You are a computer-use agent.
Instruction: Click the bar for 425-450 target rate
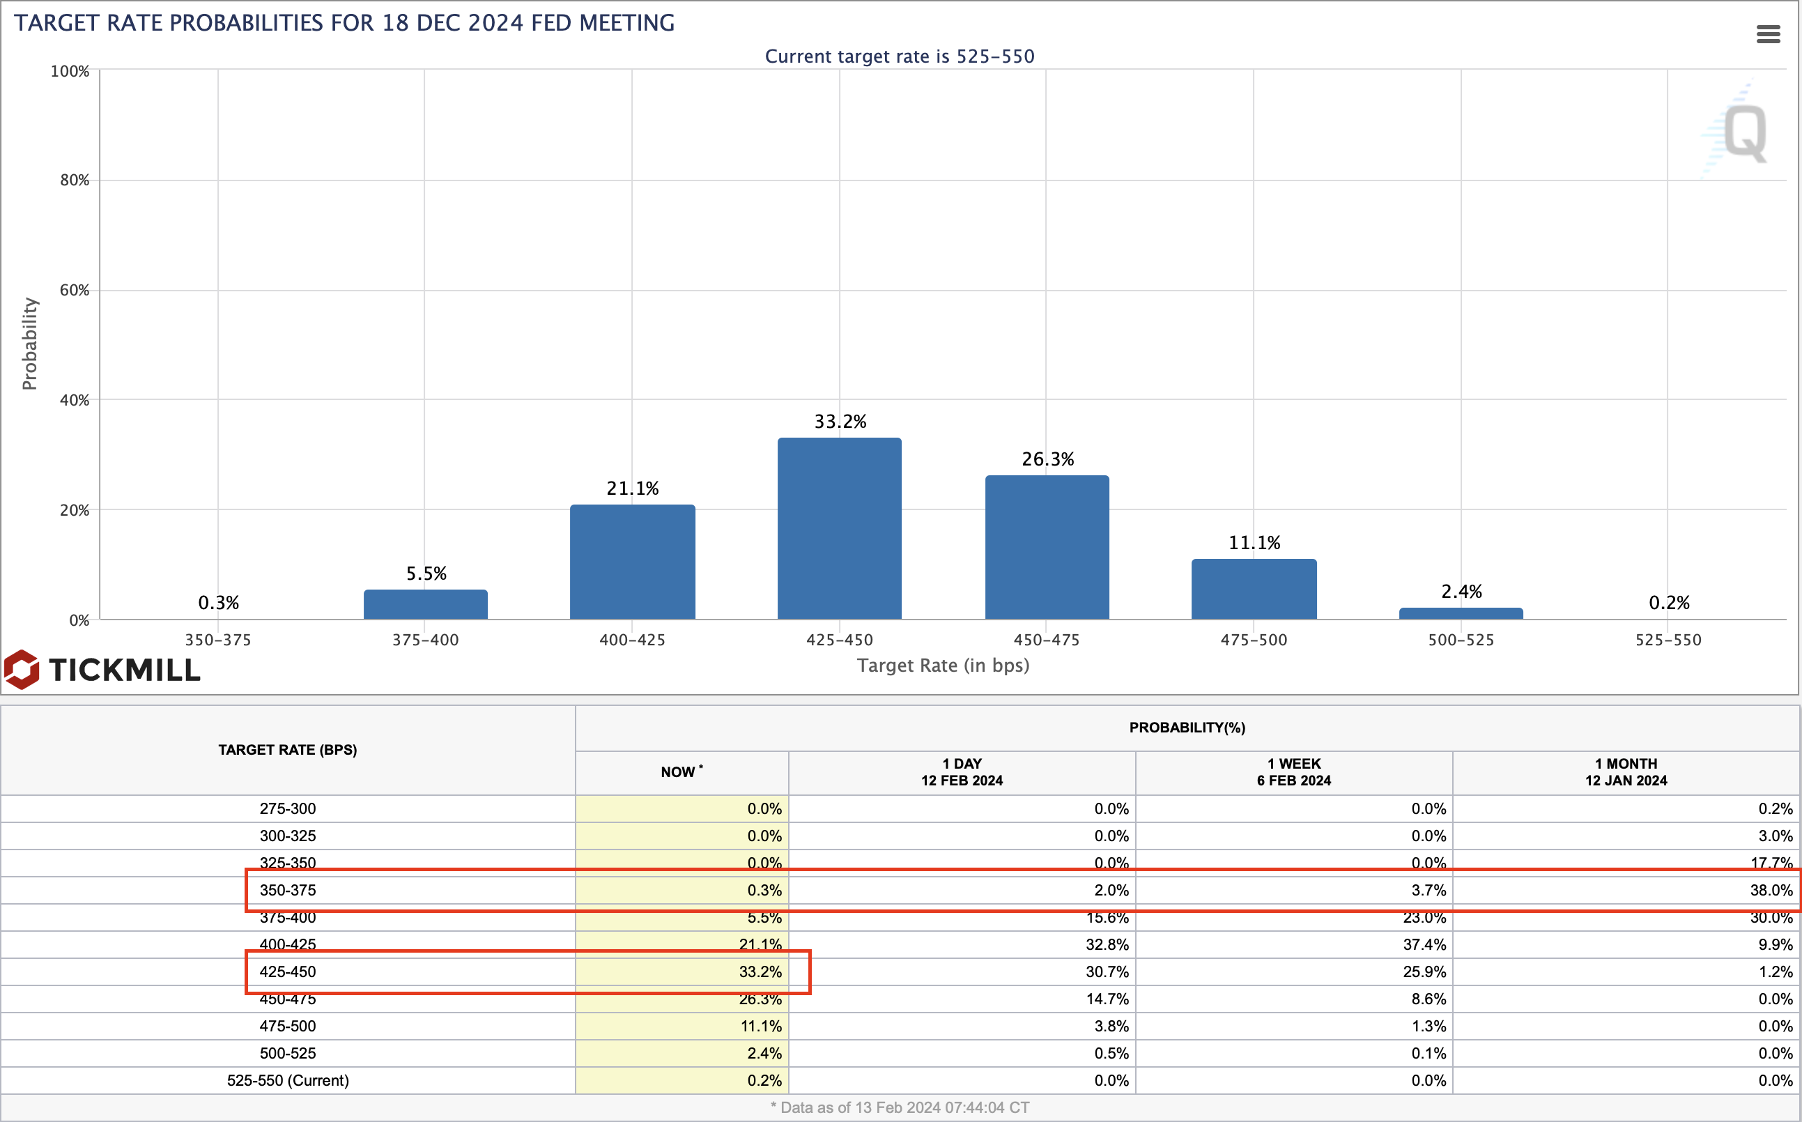(839, 528)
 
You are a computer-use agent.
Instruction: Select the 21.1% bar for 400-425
(632, 562)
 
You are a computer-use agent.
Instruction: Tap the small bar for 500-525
(1460, 614)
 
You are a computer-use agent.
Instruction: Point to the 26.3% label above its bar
(1047, 459)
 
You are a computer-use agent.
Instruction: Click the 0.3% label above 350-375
(218, 603)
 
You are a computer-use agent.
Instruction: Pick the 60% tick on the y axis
(74, 290)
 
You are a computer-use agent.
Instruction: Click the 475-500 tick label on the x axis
(1253, 640)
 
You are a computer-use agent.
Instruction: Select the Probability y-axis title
(29, 344)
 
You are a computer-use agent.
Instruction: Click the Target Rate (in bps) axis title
(943, 665)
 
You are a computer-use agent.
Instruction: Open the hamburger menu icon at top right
(1768, 34)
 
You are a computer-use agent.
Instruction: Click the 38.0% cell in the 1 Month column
(1770, 890)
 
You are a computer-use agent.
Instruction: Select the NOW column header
(681, 771)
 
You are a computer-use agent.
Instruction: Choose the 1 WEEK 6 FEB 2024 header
(1293, 771)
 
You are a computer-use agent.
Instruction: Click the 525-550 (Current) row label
(288, 1080)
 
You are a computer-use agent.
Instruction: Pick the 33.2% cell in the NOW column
(760, 971)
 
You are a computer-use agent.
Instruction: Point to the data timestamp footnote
(899, 1107)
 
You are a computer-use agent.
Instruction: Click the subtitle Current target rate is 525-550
(899, 56)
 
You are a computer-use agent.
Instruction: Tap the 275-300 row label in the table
(288, 809)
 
